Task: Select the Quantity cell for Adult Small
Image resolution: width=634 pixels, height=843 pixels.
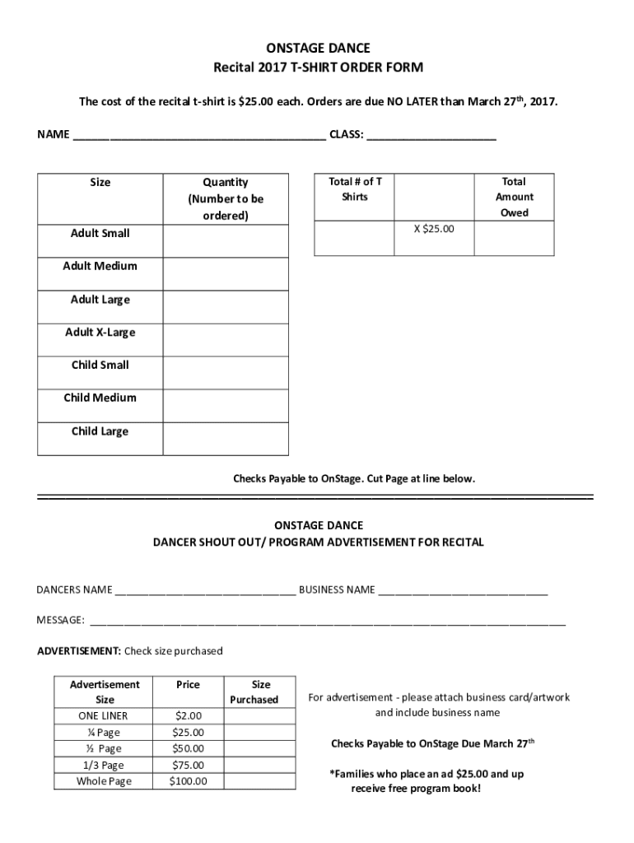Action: pos(226,241)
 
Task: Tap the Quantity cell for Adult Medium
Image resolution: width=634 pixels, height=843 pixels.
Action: pos(226,273)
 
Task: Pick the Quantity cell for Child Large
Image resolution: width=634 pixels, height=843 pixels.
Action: pos(226,439)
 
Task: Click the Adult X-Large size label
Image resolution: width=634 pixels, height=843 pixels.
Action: pos(100,333)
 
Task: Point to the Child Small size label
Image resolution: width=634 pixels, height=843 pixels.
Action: pos(100,365)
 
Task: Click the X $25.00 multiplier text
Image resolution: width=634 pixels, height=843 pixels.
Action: pos(433,229)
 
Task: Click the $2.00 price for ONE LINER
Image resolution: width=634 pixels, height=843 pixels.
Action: pos(188,716)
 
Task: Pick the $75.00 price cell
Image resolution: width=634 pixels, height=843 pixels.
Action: pos(188,765)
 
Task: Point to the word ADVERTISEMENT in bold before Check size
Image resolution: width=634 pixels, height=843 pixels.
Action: pos(78,651)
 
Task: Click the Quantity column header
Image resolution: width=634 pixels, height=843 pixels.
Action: pos(225,198)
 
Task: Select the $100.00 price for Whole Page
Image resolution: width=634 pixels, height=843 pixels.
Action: pos(188,781)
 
